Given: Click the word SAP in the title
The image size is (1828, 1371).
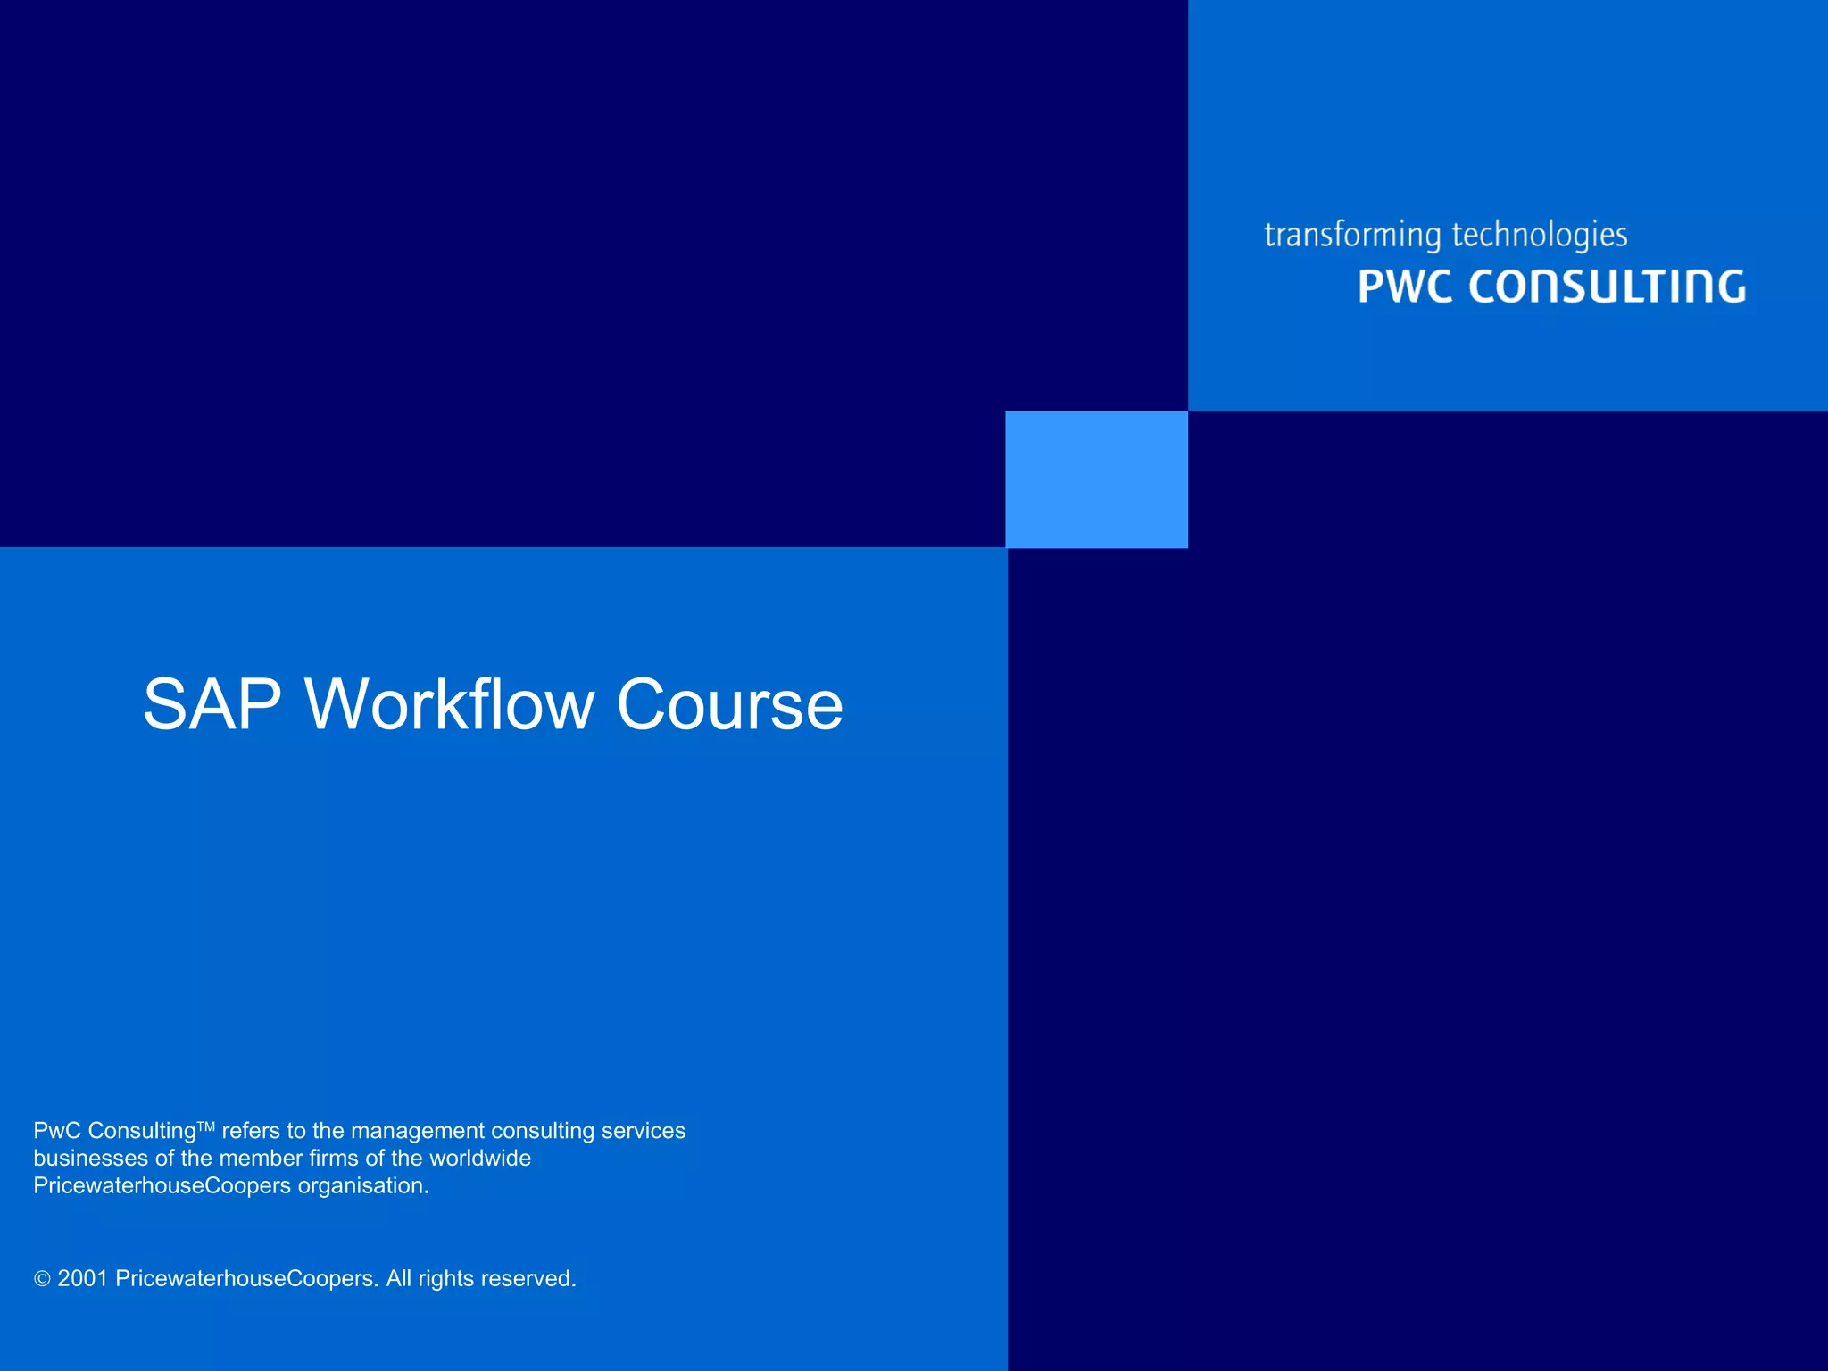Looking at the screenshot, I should pos(212,705).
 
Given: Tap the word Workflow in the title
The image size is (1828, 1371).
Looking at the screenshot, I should pos(450,705).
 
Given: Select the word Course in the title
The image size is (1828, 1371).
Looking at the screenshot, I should pos(729,705).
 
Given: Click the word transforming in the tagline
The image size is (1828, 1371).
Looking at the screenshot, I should pos(1352,236).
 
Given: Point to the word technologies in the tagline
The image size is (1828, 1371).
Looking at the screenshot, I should pos(1540,236).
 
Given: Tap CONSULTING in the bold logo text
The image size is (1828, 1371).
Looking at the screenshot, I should pos(1607,287).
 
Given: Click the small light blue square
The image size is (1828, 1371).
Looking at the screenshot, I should pos(1096,479).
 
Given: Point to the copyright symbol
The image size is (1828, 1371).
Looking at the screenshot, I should pos(42,1279).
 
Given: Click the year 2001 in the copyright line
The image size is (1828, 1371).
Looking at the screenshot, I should pos(82,1279).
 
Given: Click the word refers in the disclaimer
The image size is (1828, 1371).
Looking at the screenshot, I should pos(251,1131).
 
